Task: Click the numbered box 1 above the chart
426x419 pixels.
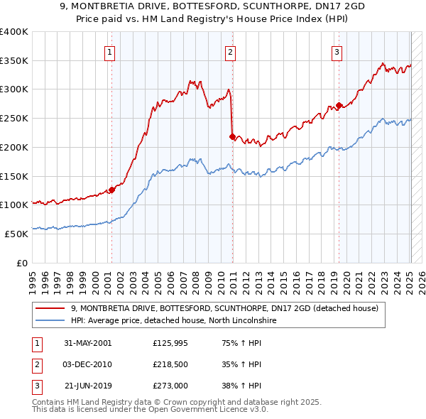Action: tap(111, 51)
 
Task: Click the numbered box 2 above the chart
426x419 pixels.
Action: tap(231, 51)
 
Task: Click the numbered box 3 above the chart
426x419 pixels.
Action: tap(337, 51)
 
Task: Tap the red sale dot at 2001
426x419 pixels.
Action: tap(111, 190)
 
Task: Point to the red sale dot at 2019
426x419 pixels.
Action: tap(339, 105)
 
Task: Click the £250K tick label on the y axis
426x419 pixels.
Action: tap(15, 118)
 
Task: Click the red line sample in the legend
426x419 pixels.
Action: tap(50, 308)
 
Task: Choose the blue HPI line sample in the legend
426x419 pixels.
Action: tap(50, 320)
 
